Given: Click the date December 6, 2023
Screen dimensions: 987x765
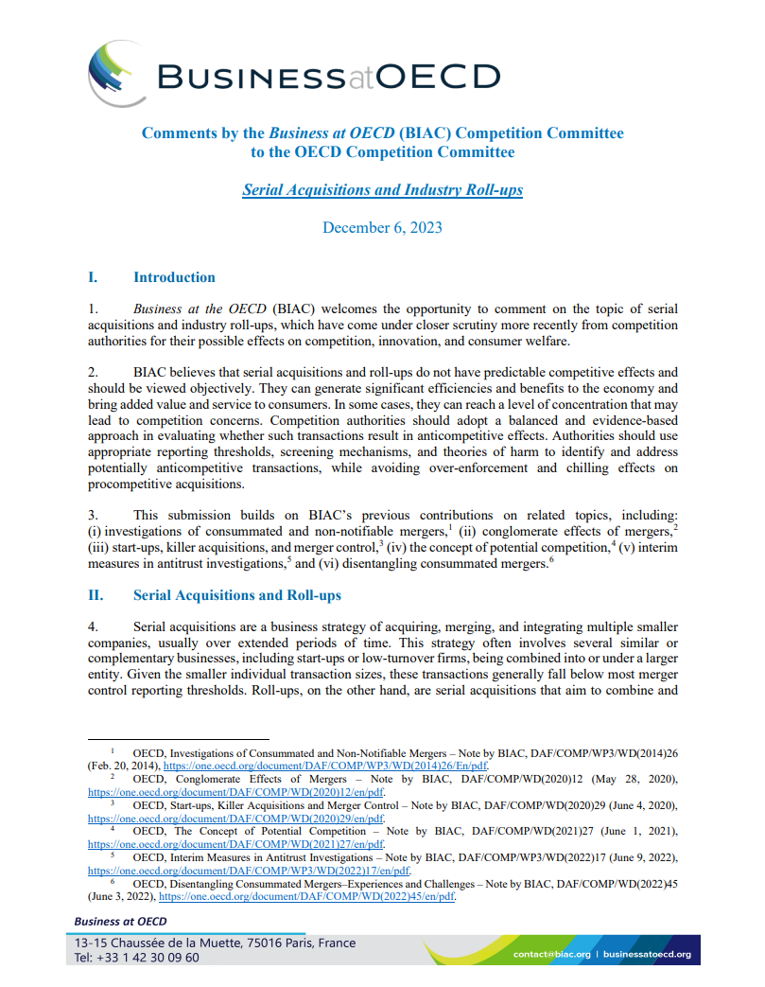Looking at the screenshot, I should coord(382,227).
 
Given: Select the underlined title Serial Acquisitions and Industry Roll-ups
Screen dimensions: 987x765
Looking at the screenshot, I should coord(382,189).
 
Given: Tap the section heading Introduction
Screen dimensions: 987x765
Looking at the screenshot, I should coord(174,277).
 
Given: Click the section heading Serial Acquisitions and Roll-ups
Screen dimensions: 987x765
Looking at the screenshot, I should coord(237,595).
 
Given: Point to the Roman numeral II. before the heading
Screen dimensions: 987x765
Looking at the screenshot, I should coord(95,595).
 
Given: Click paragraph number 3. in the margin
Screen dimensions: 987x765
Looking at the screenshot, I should coord(93,515).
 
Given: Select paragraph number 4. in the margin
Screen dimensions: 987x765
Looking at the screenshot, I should coord(93,626).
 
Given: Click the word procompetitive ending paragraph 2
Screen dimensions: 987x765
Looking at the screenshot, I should coord(137,484).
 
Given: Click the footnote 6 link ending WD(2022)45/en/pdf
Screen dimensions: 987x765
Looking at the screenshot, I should coord(308,897).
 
